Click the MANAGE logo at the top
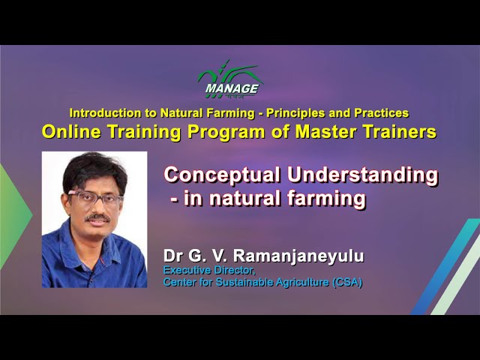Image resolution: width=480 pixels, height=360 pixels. pos(230,79)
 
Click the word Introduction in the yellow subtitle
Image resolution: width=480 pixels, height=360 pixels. pos(106,113)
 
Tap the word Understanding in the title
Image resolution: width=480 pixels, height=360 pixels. pos(363,175)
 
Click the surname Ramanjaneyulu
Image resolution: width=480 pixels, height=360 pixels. pos(298,256)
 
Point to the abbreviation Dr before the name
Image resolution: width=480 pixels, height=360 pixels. pos(172,256)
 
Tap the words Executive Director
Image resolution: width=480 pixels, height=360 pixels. pos(209,271)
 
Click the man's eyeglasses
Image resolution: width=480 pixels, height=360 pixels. pos(94,197)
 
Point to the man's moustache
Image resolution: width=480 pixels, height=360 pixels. pos(97,218)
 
